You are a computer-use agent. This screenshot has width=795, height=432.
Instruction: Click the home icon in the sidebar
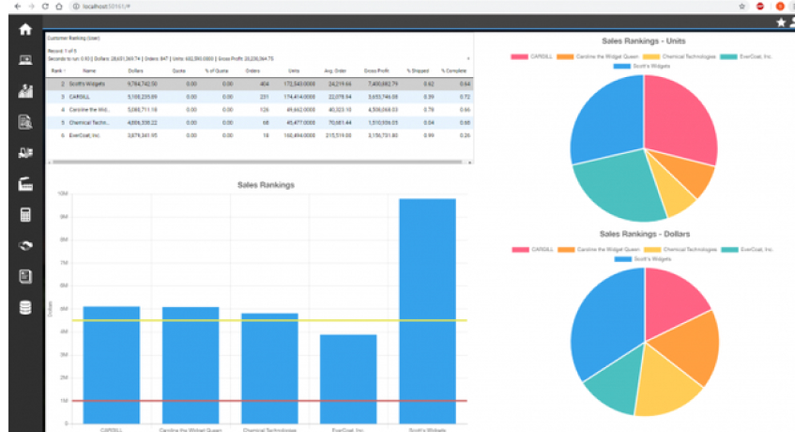(x=25, y=29)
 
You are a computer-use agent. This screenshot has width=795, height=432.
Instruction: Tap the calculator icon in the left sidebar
(x=25, y=214)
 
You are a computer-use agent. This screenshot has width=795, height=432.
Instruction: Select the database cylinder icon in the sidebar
(x=25, y=307)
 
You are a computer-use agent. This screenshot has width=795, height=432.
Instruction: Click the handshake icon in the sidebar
(x=25, y=245)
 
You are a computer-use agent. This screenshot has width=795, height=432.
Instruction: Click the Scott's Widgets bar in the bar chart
(x=427, y=310)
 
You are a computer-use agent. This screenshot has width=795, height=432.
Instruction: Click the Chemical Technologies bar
(x=269, y=367)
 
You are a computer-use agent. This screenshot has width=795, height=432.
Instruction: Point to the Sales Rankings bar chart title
(x=266, y=185)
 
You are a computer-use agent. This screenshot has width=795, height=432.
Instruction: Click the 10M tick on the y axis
(x=64, y=194)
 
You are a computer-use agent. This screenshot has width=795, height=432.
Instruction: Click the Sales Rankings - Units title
(x=643, y=41)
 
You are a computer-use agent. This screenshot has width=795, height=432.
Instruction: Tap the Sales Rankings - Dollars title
(x=643, y=233)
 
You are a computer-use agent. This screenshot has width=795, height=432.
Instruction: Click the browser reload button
(x=43, y=6)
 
